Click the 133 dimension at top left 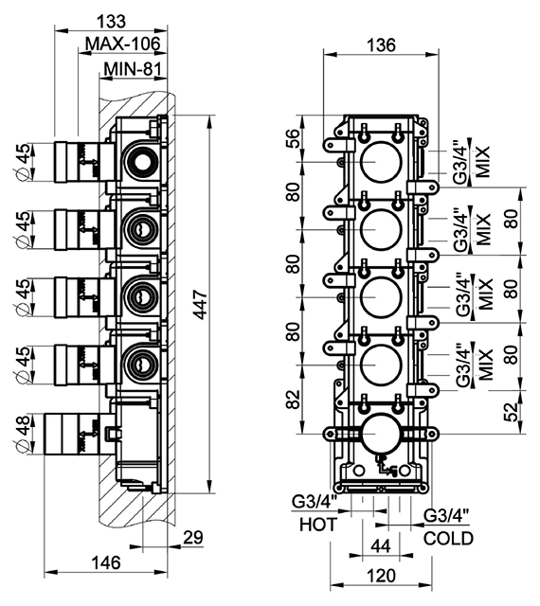click(111, 21)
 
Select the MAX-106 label click(122, 45)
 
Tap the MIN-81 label click(133, 69)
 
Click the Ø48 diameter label click(22, 434)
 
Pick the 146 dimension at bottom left click(106, 562)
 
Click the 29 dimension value click(193, 537)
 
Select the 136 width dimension click(381, 45)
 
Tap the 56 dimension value click(294, 138)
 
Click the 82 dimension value click(294, 400)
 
